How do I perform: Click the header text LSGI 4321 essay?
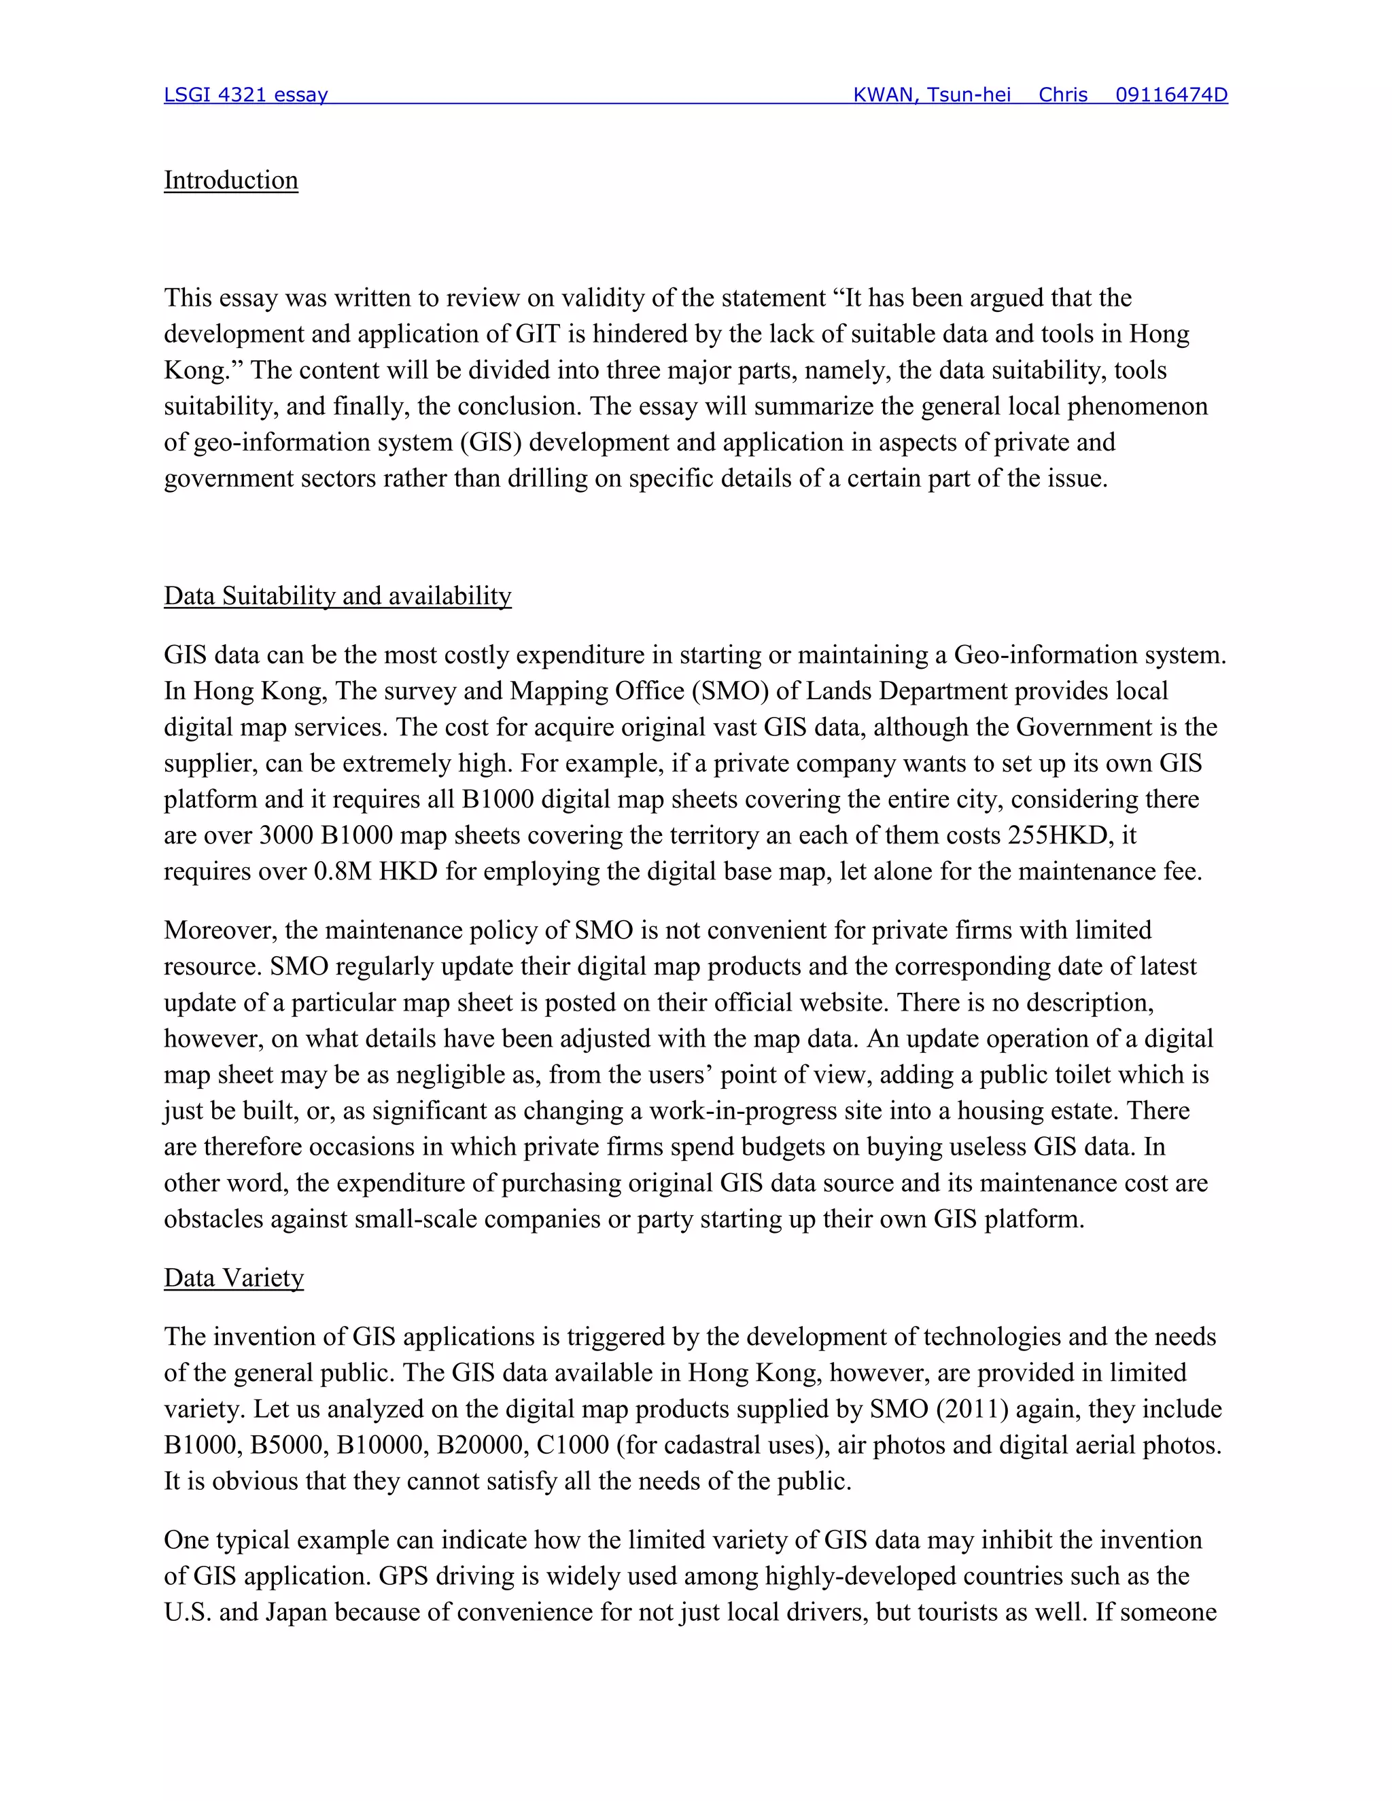(246, 95)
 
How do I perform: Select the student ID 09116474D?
(1171, 95)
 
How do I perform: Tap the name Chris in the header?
(1062, 95)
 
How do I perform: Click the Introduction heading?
(231, 181)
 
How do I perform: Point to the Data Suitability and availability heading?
(337, 596)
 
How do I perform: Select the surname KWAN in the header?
(883, 95)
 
